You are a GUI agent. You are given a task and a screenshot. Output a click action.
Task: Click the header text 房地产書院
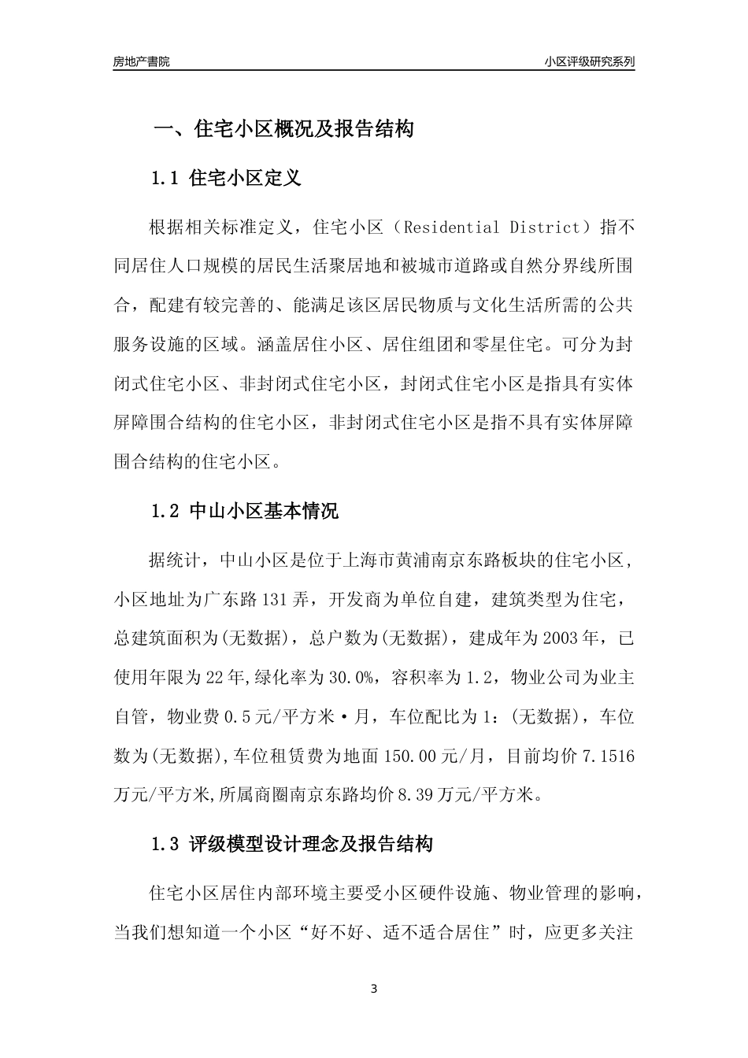[x=141, y=61]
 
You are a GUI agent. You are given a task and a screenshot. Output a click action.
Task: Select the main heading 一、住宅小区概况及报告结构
[x=283, y=130]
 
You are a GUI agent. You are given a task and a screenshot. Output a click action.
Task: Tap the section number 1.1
[x=166, y=179]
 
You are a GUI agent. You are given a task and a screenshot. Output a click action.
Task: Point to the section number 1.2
[x=166, y=511]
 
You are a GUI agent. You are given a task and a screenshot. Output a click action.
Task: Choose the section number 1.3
[x=166, y=845]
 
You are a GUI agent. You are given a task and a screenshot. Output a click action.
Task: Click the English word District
[x=543, y=228]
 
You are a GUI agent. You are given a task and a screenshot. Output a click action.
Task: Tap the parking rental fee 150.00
[x=409, y=757]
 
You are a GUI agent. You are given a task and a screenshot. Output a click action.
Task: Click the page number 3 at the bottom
[x=374, y=989]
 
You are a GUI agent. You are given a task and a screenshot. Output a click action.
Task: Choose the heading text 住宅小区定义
[x=246, y=179]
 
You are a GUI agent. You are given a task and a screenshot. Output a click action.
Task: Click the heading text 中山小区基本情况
[x=265, y=511]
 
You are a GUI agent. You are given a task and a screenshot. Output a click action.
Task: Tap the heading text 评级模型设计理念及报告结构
[x=311, y=845]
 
